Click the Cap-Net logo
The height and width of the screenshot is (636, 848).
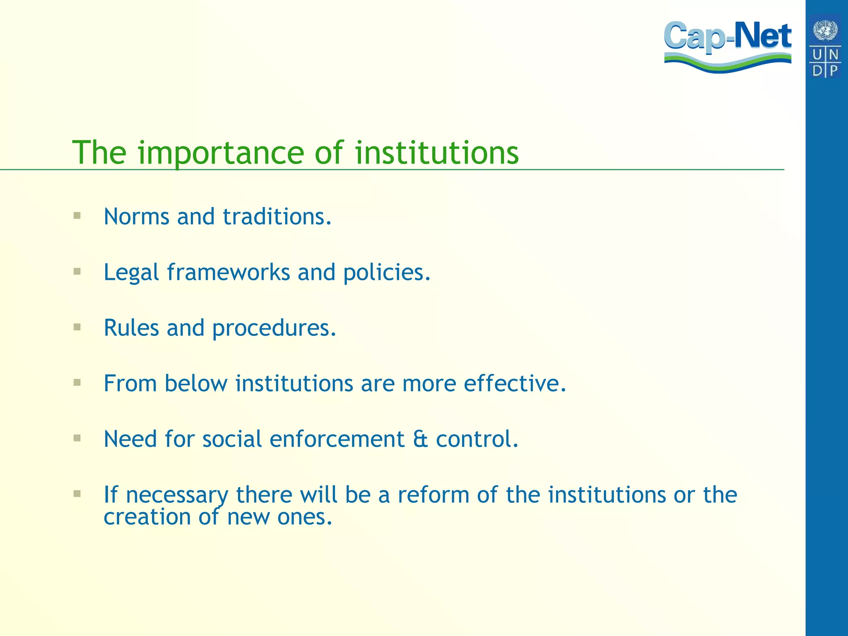coord(728,46)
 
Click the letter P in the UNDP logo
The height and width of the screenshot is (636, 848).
coord(833,70)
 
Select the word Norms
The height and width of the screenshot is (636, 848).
coord(136,217)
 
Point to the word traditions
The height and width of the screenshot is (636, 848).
coord(277,217)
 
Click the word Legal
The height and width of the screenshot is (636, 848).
coord(131,272)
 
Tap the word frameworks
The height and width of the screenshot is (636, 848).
coord(228,272)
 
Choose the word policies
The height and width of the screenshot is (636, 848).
coord(387,273)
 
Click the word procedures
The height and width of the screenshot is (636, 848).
coord(274,328)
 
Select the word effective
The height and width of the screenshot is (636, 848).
coord(514,383)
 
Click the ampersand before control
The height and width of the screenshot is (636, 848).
coord(420,439)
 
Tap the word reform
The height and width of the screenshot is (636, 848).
coord(433,495)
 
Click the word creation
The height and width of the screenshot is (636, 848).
coord(147,517)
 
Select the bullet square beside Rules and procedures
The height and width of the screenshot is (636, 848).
coord(77,327)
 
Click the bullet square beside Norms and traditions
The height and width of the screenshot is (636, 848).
coord(77,215)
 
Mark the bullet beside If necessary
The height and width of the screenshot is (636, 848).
coord(77,494)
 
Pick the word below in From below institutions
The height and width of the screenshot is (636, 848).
coord(196,383)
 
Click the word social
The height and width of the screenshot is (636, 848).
coord(232,439)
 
